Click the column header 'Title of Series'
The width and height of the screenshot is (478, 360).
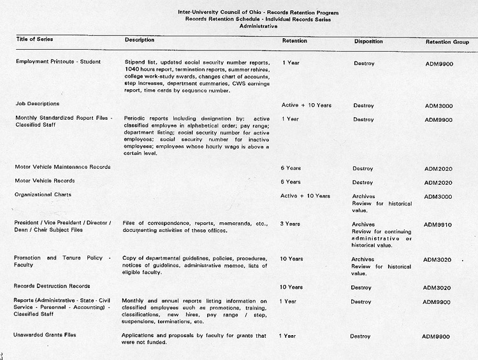click(34, 40)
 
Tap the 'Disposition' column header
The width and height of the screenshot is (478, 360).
click(368, 41)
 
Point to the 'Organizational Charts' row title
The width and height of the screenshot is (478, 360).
click(43, 194)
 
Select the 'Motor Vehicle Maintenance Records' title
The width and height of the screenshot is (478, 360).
click(62, 167)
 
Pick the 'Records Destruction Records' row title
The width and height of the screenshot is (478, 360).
click(52, 286)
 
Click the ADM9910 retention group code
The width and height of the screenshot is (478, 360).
click(438, 225)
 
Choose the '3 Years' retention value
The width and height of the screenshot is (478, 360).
click(291, 224)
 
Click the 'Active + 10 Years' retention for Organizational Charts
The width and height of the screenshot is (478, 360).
click(305, 196)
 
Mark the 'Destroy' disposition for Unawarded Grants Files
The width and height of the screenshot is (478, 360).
click(360, 336)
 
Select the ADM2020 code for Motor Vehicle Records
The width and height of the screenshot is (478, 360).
click(438, 183)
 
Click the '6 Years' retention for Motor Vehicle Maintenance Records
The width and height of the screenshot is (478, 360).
click(291, 168)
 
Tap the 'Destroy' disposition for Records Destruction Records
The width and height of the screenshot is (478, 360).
click(362, 287)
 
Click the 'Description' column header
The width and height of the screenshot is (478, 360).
click(140, 40)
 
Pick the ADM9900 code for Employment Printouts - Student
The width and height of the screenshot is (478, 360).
click(439, 64)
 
